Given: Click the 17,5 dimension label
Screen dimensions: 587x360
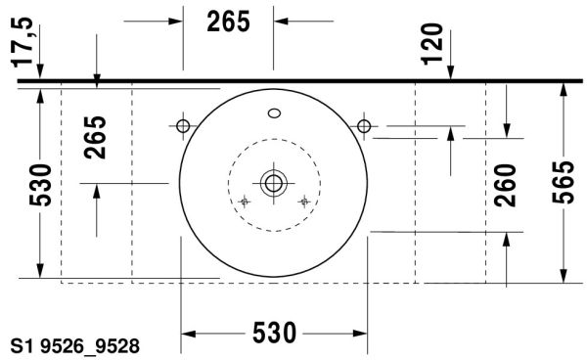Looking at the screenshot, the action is pos(23,42).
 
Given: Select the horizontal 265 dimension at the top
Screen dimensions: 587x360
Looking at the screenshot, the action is pos(228,22).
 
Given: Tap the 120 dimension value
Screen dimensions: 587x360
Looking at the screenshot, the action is pos(432,44).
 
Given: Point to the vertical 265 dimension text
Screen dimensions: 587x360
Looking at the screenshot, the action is pos(95,137).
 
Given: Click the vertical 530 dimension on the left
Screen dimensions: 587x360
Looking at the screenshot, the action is pos(40,185).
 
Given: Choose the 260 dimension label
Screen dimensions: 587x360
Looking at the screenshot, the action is pos(505,185).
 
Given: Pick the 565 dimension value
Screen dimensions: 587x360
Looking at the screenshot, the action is pos(564,182).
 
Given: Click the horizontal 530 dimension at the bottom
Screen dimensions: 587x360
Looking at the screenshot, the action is pos(274,333).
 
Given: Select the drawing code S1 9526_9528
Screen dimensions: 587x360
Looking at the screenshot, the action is pos(75,346).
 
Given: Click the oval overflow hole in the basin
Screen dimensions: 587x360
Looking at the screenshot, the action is pos(274,113).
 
